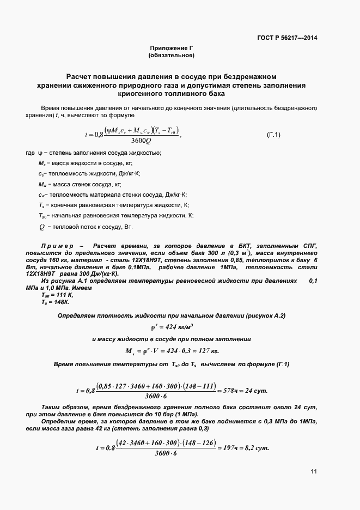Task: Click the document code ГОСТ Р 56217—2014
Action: coord(287,38)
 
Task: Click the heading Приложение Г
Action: coord(172,48)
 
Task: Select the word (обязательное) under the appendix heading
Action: coord(172,56)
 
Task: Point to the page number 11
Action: coord(314,471)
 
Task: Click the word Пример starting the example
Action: coord(58,247)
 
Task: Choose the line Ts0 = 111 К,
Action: coord(57,294)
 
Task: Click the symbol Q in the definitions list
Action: coord(41,227)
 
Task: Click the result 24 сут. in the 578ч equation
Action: coord(257,391)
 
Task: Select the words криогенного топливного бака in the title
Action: coord(172,94)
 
